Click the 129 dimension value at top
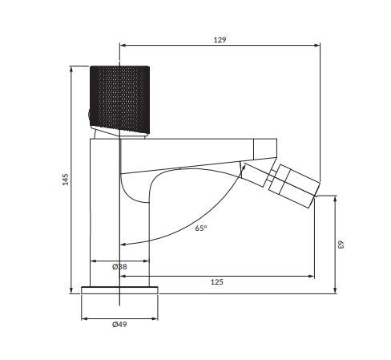pyautogui.click(x=218, y=38)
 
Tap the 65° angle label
pyautogui.click(x=200, y=228)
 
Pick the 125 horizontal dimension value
pyautogui.click(x=216, y=281)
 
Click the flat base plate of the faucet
pyautogui.click(x=120, y=289)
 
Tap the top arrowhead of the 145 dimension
pyautogui.click(x=71, y=66)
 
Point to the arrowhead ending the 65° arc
pyautogui.click(x=122, y=245)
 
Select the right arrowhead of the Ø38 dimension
pyautogui.click(x=147, y=261)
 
